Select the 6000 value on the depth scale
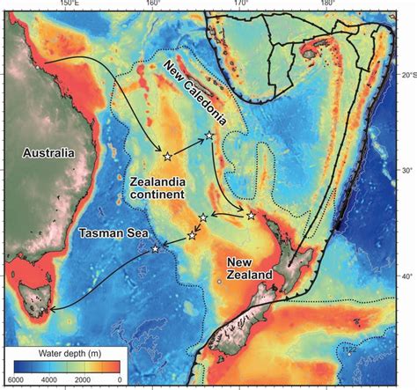[x=16, y=380]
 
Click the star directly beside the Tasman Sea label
[x=156, y=249]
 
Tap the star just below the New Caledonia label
[x=208, y=135]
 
